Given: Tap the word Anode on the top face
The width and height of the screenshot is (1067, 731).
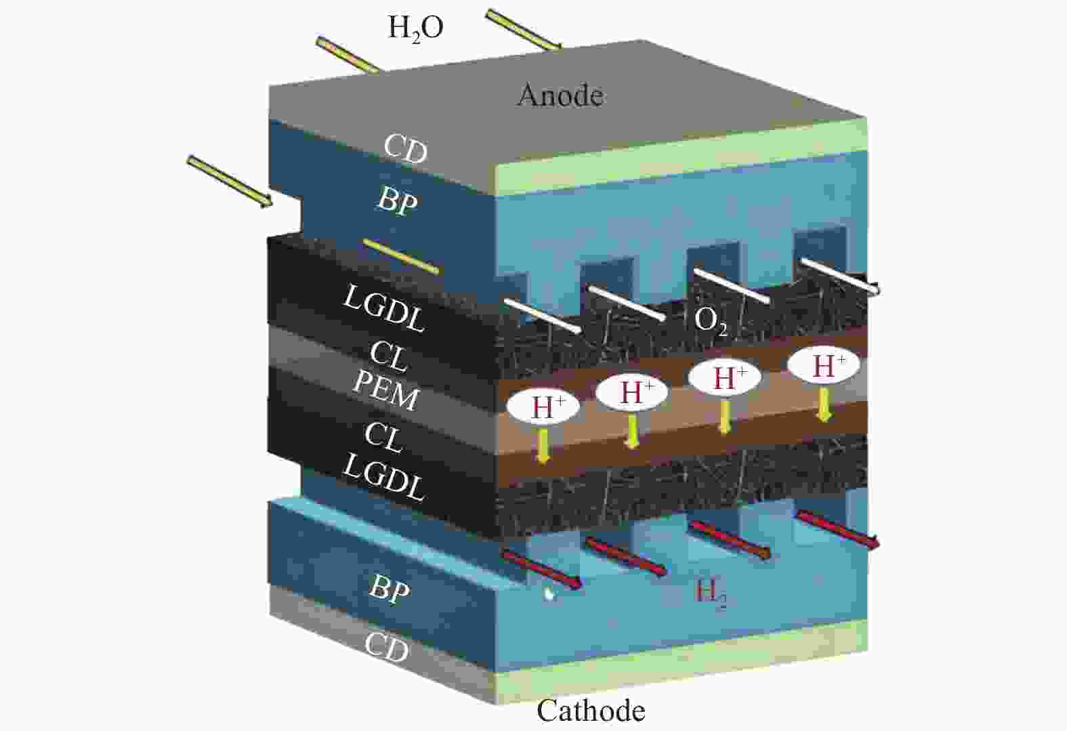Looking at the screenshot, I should click(x=560, y=96).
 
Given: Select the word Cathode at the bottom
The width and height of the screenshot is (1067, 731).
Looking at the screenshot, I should click(x=591, y=711).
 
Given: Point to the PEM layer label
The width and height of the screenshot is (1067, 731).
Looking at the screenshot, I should click(x=385, y=391).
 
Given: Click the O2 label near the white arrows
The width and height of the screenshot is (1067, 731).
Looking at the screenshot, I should click(x=711, y=320).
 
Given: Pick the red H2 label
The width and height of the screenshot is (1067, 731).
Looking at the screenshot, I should click(x=711, y=594).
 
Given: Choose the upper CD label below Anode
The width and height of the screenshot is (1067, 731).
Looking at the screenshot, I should click(x=406, y=148).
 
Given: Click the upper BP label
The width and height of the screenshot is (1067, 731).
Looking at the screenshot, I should click(x=396, y=201).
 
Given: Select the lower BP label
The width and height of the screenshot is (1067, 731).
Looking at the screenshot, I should click(x=390, y=589).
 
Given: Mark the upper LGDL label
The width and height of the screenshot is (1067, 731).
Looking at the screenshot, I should click(x=384, y=308).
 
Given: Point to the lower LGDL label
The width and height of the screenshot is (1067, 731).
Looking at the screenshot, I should click(x=383, y=477).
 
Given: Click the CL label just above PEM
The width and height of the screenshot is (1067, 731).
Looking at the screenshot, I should click(x=389, y=355).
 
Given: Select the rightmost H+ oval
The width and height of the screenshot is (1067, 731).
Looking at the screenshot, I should click(x=823, y=366).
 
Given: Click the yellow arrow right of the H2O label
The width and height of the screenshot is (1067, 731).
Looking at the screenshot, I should click(x=523, y=30).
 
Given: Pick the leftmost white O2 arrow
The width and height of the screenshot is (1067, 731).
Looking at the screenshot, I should click(x=543, y=316).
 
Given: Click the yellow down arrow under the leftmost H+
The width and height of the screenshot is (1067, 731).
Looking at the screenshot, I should click(x=542, y=444).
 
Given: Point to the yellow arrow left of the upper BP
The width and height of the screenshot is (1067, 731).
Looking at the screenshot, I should click(x=229, y=180).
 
